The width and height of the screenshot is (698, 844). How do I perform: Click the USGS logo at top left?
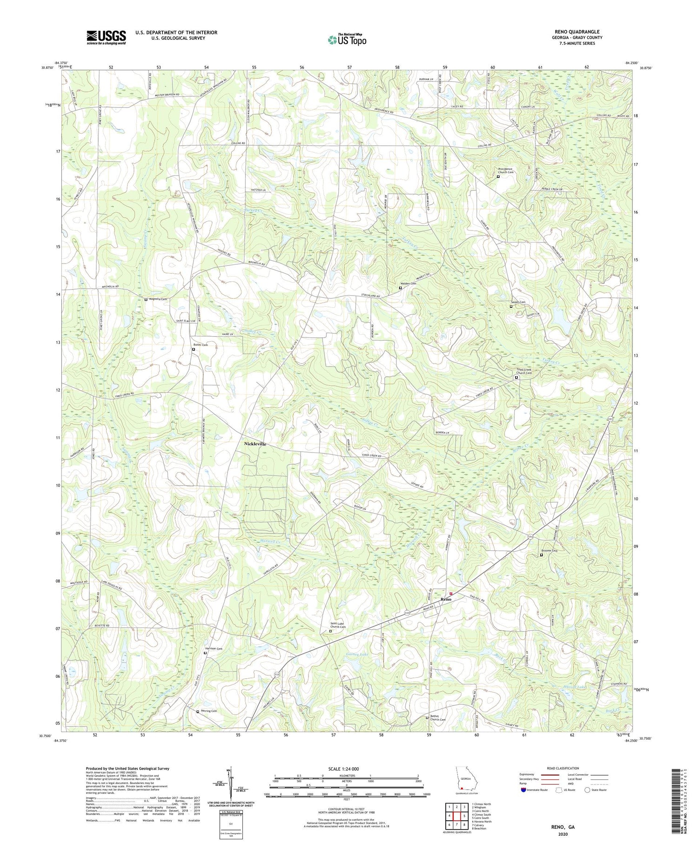(106, 37)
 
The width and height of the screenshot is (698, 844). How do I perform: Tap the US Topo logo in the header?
(347, 40)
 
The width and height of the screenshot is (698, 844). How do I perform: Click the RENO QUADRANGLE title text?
(577, 32)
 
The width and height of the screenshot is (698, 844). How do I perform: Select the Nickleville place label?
(255, 444)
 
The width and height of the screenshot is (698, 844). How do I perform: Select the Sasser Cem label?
(519, 302)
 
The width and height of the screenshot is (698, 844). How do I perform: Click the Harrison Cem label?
(214, 648)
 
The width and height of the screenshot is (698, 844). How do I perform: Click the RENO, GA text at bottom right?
(562, 827)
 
